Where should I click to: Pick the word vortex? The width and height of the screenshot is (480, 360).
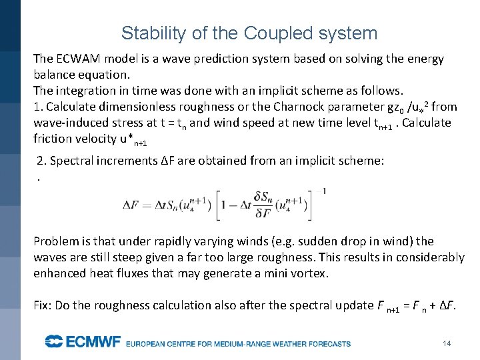coord(311,273)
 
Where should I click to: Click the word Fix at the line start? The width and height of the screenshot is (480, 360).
coord(42,305)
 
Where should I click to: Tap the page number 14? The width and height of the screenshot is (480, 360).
coord(447,343)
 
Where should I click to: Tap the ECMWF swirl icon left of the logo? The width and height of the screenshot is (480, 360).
coord(53,342)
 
